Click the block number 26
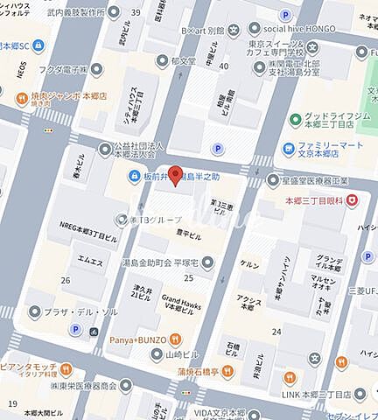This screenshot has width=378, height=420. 65,280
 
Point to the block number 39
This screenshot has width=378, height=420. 136,11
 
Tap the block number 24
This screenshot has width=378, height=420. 277,331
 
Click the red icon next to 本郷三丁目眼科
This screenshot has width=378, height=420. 352,202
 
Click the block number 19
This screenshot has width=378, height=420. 12,403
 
